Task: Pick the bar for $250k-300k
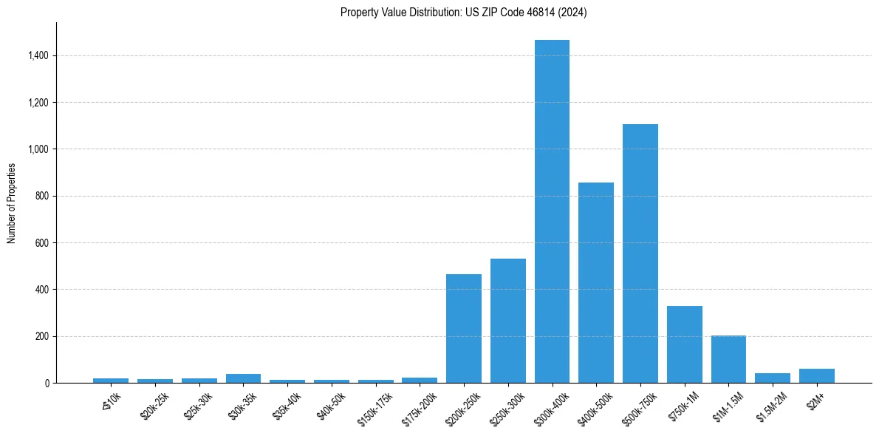(507, 321)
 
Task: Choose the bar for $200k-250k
(463, 329)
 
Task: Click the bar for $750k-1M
(684, 344)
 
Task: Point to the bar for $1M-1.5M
(728, 359)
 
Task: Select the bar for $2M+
(816, 376)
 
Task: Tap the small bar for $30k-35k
(243, 378)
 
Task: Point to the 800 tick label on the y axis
(42, 196)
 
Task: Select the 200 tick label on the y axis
(42, 336)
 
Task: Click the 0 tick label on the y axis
(47, 383)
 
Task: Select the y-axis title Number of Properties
(12, 202)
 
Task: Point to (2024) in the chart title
(572, 13)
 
